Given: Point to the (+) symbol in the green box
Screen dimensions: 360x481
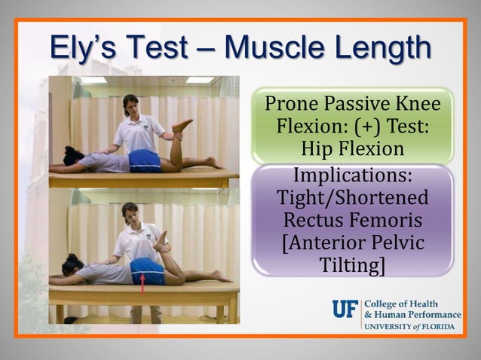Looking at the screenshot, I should [353, 124].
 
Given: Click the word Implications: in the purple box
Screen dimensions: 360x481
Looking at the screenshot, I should [353, 179].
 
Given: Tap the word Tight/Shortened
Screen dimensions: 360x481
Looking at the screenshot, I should [353, 201].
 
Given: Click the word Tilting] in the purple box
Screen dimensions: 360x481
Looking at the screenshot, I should [353, 266].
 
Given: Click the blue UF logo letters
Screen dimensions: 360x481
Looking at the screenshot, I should [345, 309].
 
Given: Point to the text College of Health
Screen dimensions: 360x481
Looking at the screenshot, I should [401, 304].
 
